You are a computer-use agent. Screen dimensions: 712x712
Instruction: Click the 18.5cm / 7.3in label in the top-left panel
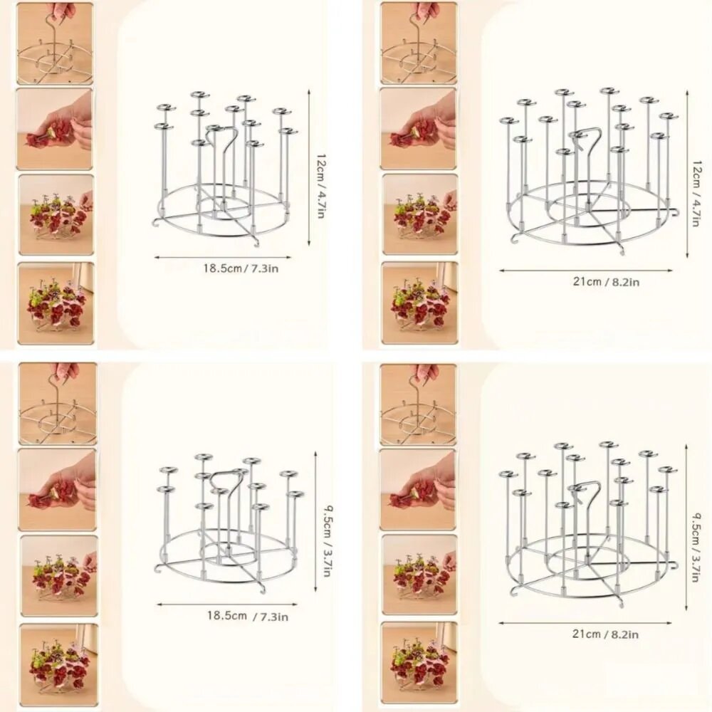coord(241,268)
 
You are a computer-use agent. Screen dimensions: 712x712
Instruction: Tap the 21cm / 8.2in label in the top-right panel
coord(606,282)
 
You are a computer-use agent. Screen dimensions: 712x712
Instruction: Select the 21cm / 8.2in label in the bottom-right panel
coord(605,634)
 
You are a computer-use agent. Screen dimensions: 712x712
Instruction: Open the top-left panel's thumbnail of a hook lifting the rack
coord(55,43)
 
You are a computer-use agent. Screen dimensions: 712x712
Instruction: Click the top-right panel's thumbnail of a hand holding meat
coord(418,128)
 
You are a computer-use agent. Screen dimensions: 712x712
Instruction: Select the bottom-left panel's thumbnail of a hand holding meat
coord(57,490)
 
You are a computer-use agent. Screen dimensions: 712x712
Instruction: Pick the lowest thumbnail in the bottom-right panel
coord(418,661)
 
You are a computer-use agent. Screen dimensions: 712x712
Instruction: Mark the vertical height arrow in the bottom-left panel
coord(315,521)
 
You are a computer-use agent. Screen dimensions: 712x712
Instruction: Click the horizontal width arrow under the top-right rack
coord(586,271)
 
